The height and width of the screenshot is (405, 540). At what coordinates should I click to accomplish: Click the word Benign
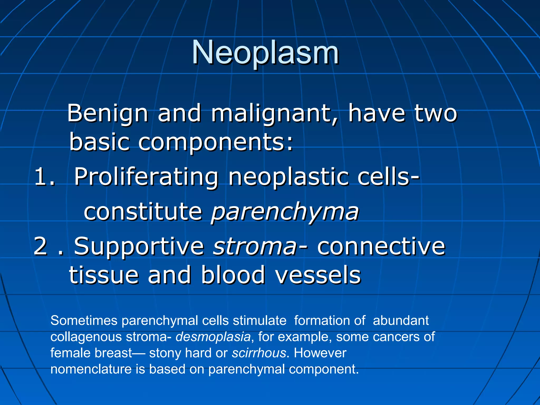pos(107,113)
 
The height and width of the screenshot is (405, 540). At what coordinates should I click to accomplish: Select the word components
pos(215,143)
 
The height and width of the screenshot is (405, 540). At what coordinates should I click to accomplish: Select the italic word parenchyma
pos(285,212)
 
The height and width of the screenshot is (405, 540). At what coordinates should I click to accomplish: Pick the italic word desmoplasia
pos(213,337)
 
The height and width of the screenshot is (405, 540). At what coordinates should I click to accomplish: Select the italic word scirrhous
pos(259,353)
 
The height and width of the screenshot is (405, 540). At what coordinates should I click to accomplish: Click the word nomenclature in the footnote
pos(91,369)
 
